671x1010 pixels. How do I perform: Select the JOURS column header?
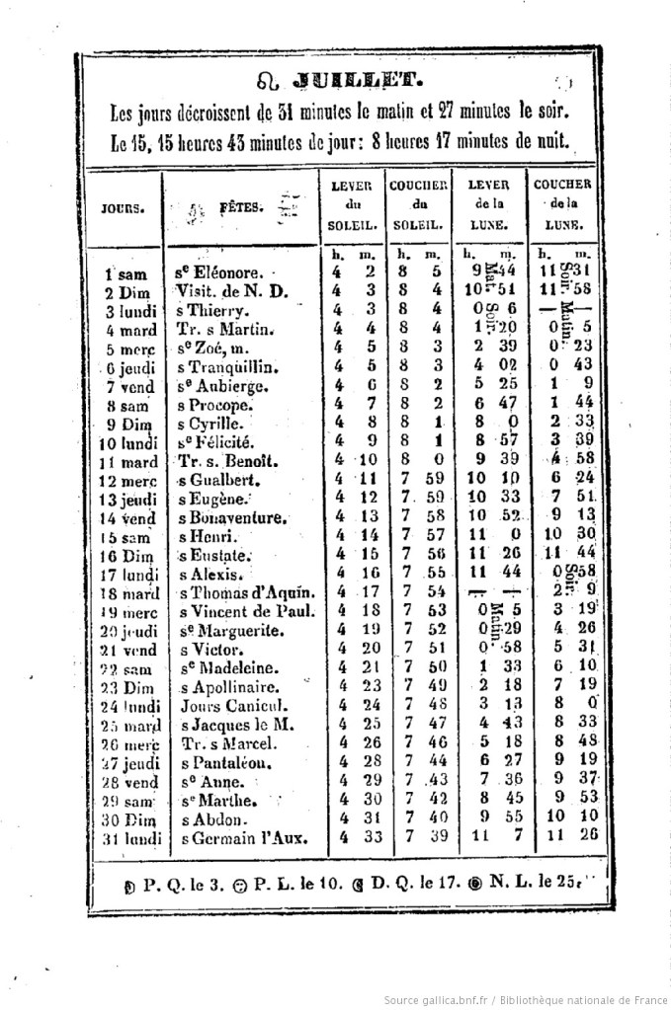(x=124, y=208)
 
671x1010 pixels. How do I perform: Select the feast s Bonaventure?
(x=233, y=517)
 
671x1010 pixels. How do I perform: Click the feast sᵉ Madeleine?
(x=227, y=668)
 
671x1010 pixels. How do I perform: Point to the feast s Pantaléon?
(x=225, y=763)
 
